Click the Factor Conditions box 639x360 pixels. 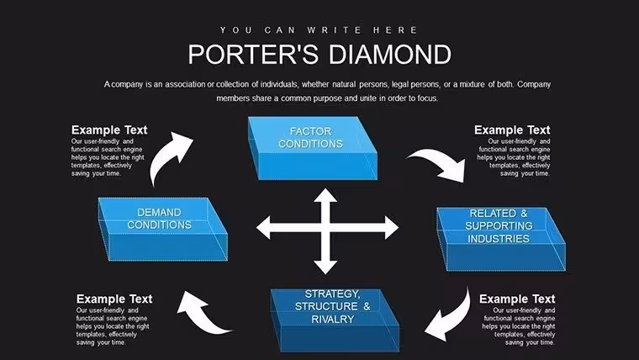313,148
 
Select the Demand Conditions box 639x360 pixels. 163,229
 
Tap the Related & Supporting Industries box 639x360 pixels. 501,239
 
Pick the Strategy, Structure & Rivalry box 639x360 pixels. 335,320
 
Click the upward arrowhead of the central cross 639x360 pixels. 325,195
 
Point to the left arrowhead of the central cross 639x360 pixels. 263,227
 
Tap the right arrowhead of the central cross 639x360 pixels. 392,227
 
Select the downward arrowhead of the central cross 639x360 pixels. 325,267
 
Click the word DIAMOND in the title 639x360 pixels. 390,54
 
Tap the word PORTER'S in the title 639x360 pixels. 253,54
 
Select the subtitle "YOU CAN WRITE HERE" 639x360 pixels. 319,30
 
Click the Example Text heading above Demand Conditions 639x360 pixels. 109,130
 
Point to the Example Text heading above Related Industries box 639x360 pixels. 512,130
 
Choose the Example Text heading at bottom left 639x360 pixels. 114,299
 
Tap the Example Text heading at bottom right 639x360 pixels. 517,299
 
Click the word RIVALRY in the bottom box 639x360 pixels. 333,320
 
